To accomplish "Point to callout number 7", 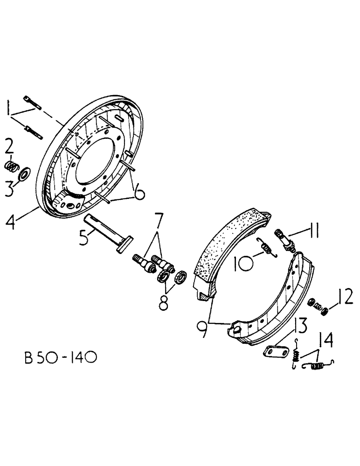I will (x=159, y=219).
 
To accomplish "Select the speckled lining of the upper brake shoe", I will (x=228, y=247).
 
